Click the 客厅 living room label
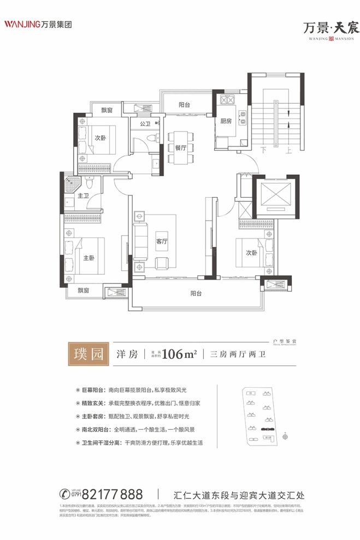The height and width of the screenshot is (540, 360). click(161, 241)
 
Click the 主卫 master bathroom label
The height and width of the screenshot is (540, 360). click(83, 195)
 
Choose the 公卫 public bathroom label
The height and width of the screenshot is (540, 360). click(145, 124)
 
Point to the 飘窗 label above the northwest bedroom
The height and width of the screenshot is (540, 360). click(107, 110)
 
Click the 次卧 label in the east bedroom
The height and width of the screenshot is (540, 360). click(251, 253)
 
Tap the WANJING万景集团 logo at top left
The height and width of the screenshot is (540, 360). click(38, 24)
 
